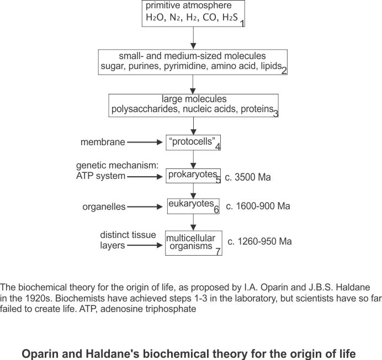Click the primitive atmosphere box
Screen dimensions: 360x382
coord(193,14)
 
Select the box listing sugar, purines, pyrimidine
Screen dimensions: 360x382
coord(193,62)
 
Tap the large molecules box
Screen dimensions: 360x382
coord(193,105)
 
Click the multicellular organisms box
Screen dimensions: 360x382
coord(193,242)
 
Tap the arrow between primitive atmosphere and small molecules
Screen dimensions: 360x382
coord(193,39)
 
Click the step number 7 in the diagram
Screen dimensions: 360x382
coord(218,251)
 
